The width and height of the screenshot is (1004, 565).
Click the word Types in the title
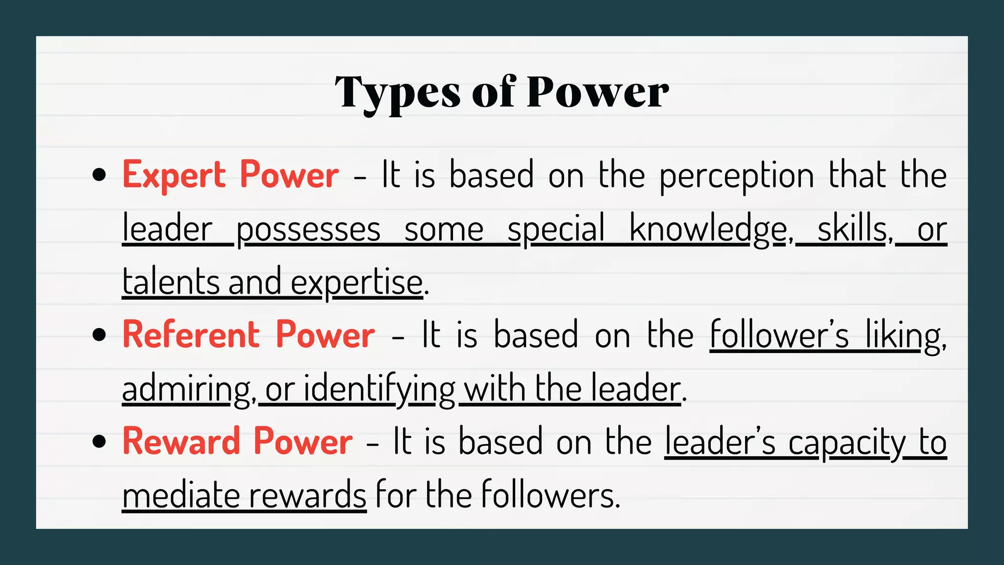pyautogui.click(x=398, y=93)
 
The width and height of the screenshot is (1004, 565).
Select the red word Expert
pyautogui.click(x=174, y=175)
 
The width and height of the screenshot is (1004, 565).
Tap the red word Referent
pyautogui.click(x=191, y=334)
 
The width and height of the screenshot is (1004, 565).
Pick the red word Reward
pyautogui.click(x=181, y=441)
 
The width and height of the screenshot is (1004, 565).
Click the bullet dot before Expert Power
pyautogui.click(x=99, y=175)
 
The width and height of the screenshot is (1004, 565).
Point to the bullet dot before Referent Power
pyautogui.click(x=99, y=335)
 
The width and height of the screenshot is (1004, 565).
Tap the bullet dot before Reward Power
pyautogui.click(x=99, y=441)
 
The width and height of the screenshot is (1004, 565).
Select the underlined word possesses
pyautogui.click(x=308, y=230)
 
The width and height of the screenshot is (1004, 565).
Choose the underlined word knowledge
pyautogui.click(x=708, y=230)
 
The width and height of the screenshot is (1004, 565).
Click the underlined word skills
pyautogui.click(x=853, y=229)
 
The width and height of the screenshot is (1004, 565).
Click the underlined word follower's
pyautogui.click(x=779, y=335)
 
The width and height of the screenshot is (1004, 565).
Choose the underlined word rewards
pyautogui.click(x=308, y=495)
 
